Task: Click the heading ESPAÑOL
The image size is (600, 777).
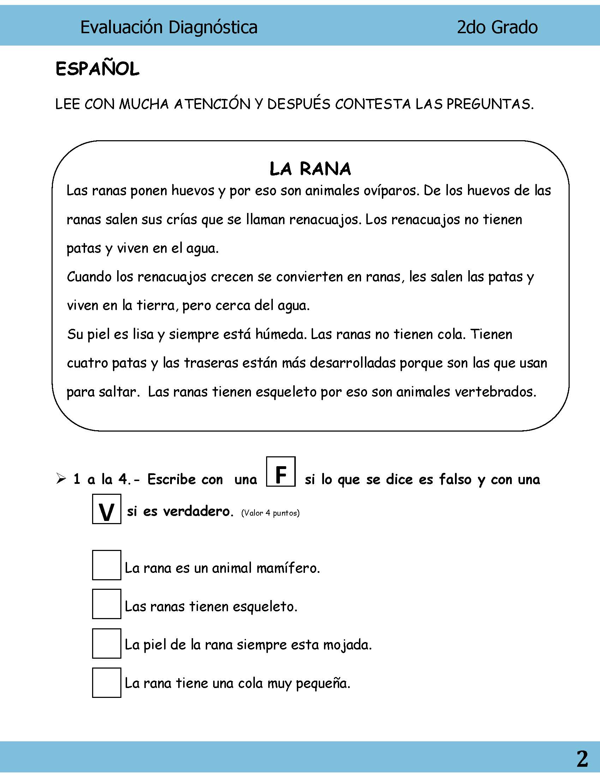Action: point(97,69)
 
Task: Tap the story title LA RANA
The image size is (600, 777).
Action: point(310,169)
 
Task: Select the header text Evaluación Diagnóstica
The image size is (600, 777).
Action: point(169,27)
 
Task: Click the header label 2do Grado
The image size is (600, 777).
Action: point(497,27)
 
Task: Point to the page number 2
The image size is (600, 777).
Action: point(582,759)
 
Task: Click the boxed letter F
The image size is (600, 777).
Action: point(281,471)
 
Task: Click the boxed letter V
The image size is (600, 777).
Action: point(107,509)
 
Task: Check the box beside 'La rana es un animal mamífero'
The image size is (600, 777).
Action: point(107,565)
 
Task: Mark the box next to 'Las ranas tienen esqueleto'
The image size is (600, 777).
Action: point(107,604)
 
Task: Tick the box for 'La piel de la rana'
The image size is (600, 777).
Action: point(107,643)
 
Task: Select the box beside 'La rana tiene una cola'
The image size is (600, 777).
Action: point(107,682)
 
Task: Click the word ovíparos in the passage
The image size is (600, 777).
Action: point(391,191)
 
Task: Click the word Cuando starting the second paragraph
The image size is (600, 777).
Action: point(89,277)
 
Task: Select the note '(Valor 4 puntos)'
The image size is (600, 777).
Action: point(270,513)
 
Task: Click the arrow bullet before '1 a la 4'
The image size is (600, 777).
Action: point(61,479)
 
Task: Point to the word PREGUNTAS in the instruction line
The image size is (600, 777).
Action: point(490,104)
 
